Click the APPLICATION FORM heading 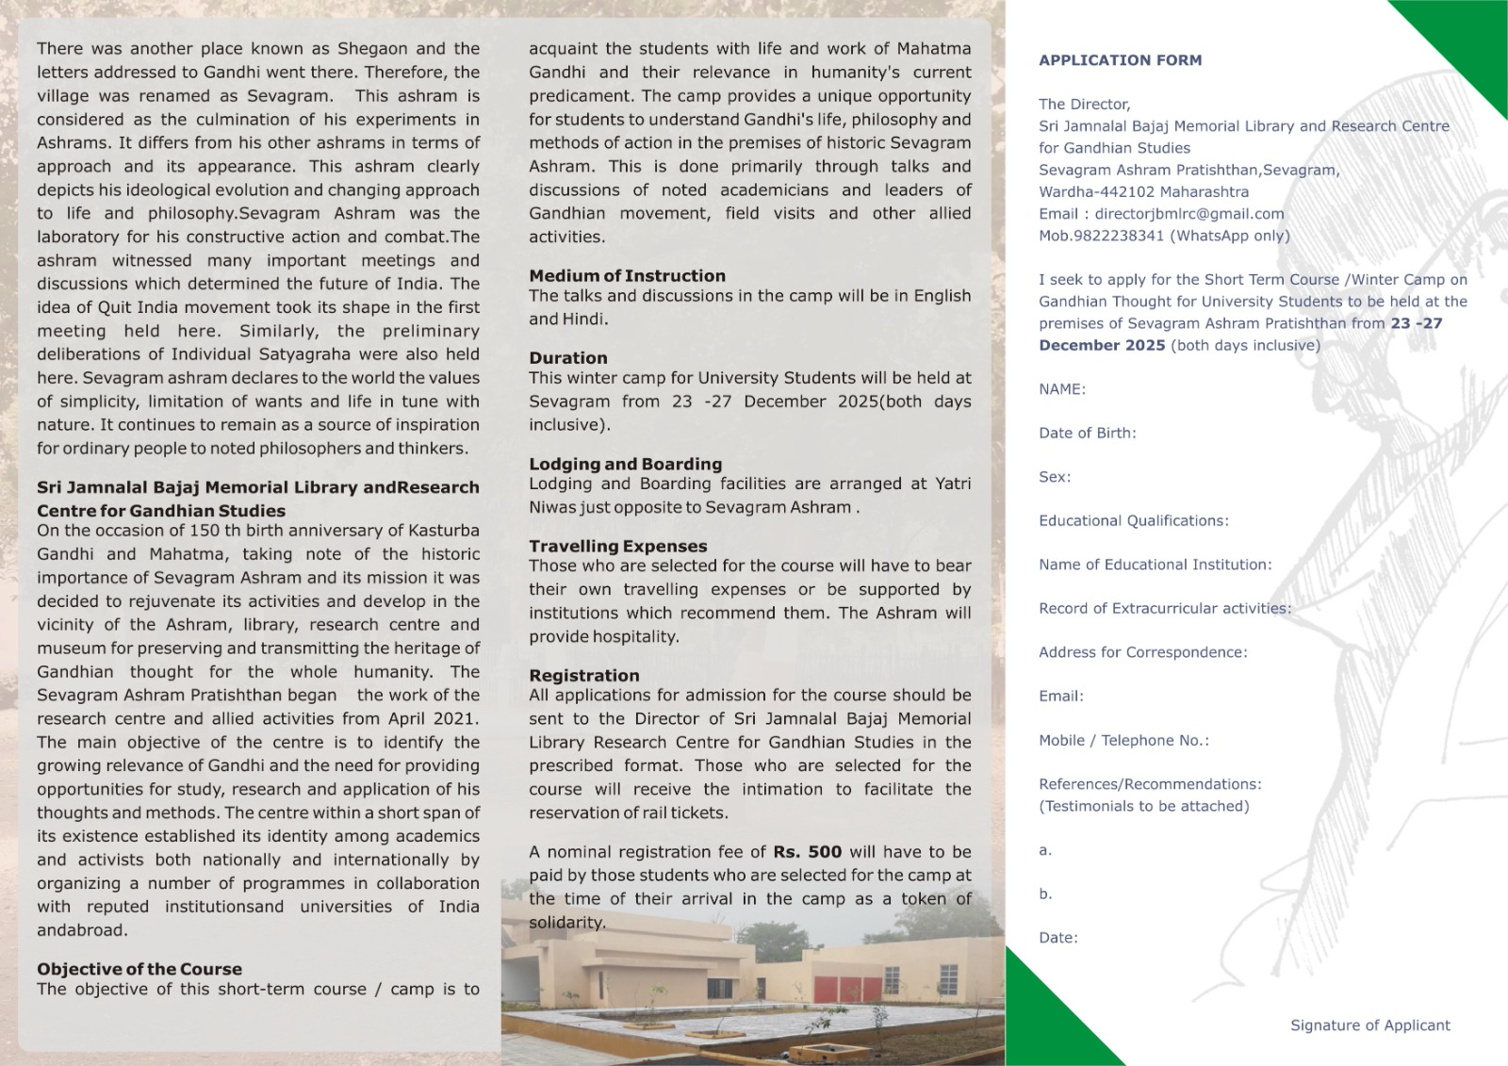pyautogui.click(x=1120, y=60)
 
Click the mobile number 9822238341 pyautogui.click(x=1118, y=236)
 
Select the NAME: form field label pyautogui.click(x=1062, y=389)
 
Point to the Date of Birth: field pyautogui.click(x=1087, y=434)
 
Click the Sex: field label pyautogui.click(x=1055, y=477)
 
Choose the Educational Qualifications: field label pyautogui.click(x=1133, y=521)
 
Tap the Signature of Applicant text pyautogui.click(x=1369, y=1025)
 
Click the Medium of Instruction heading pyautogui.click(x=627, y=276)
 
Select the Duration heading pyautogui.click(x=567, y=358)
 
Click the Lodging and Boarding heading pyautogui.click(x=625, y=464)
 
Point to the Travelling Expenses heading pyautogui.click(x=617, y=546)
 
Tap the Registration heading pyautogui.click(x=583, y=676)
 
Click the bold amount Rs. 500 pyautogui.click(x=807, y=852)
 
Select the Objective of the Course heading pyautogui.click(x=139, y=969)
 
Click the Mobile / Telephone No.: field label pyautogui.click(x=1123, y=741)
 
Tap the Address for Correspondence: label pyautogui.click(x=1142, y=652)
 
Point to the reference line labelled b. pyautogui.click(x=1045, y=894)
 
